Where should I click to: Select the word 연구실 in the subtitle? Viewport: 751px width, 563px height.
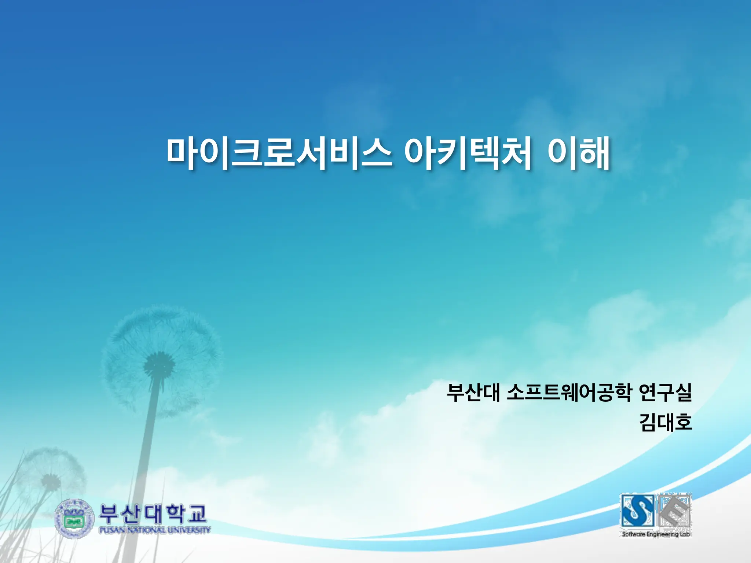pos(665,393)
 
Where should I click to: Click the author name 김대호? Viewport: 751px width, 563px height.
pos(666,422)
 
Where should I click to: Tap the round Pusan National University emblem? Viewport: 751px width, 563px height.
pos(74,518)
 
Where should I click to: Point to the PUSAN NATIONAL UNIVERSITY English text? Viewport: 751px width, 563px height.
pos(154,530)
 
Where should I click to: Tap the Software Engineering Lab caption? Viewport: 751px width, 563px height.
pos(656,534)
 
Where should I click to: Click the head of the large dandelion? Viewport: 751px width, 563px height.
pos(159,365)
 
